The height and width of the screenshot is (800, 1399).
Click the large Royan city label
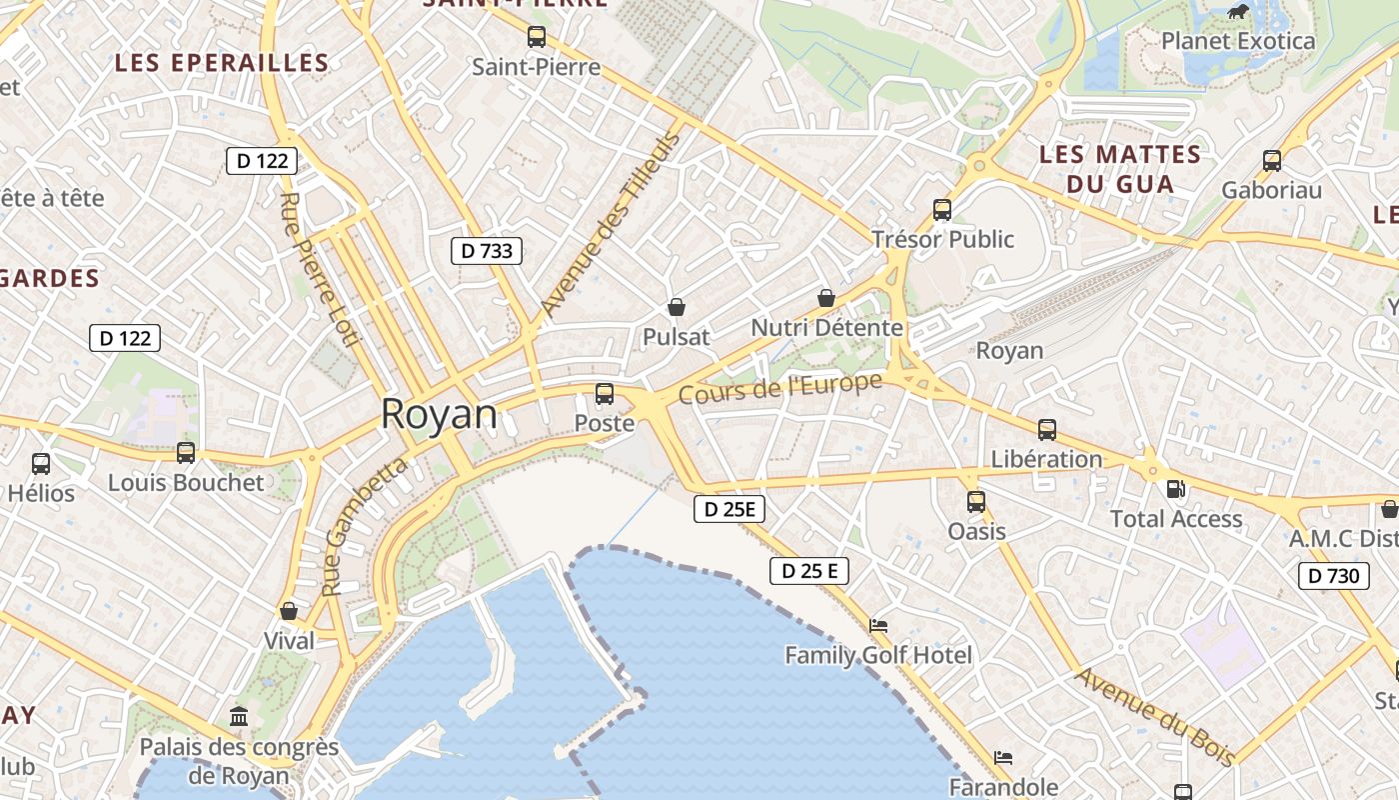click(439, 414)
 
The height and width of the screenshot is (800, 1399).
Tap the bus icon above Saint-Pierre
click(537, 37)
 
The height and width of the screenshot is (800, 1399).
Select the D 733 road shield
click(488, 251)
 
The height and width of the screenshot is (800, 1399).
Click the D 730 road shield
click(1334, 575)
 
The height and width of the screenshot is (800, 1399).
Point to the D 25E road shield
click(729, 509)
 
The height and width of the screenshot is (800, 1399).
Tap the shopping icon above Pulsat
click(677, 307)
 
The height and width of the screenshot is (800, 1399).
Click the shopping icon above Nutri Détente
click(826, 298)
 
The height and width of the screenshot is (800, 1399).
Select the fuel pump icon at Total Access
click(1176, 489)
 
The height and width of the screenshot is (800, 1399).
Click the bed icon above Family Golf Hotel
click(878, 626)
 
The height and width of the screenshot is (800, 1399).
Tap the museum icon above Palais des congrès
click(239, 716)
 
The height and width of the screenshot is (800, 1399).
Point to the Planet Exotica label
click(1238, 41)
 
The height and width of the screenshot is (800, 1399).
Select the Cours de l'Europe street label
click(780, 388)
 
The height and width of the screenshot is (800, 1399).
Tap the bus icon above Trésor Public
click(942, 209)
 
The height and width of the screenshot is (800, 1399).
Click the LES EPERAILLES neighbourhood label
click(222, 63)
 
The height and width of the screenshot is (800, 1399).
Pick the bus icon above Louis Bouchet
click(186, 452)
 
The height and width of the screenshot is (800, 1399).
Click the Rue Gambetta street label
click(365, 527)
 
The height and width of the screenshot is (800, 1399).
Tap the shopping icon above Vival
click(289, 611)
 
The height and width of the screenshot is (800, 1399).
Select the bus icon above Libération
click(1047, 429)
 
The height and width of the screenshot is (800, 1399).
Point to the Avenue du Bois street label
click(1154, 715)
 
